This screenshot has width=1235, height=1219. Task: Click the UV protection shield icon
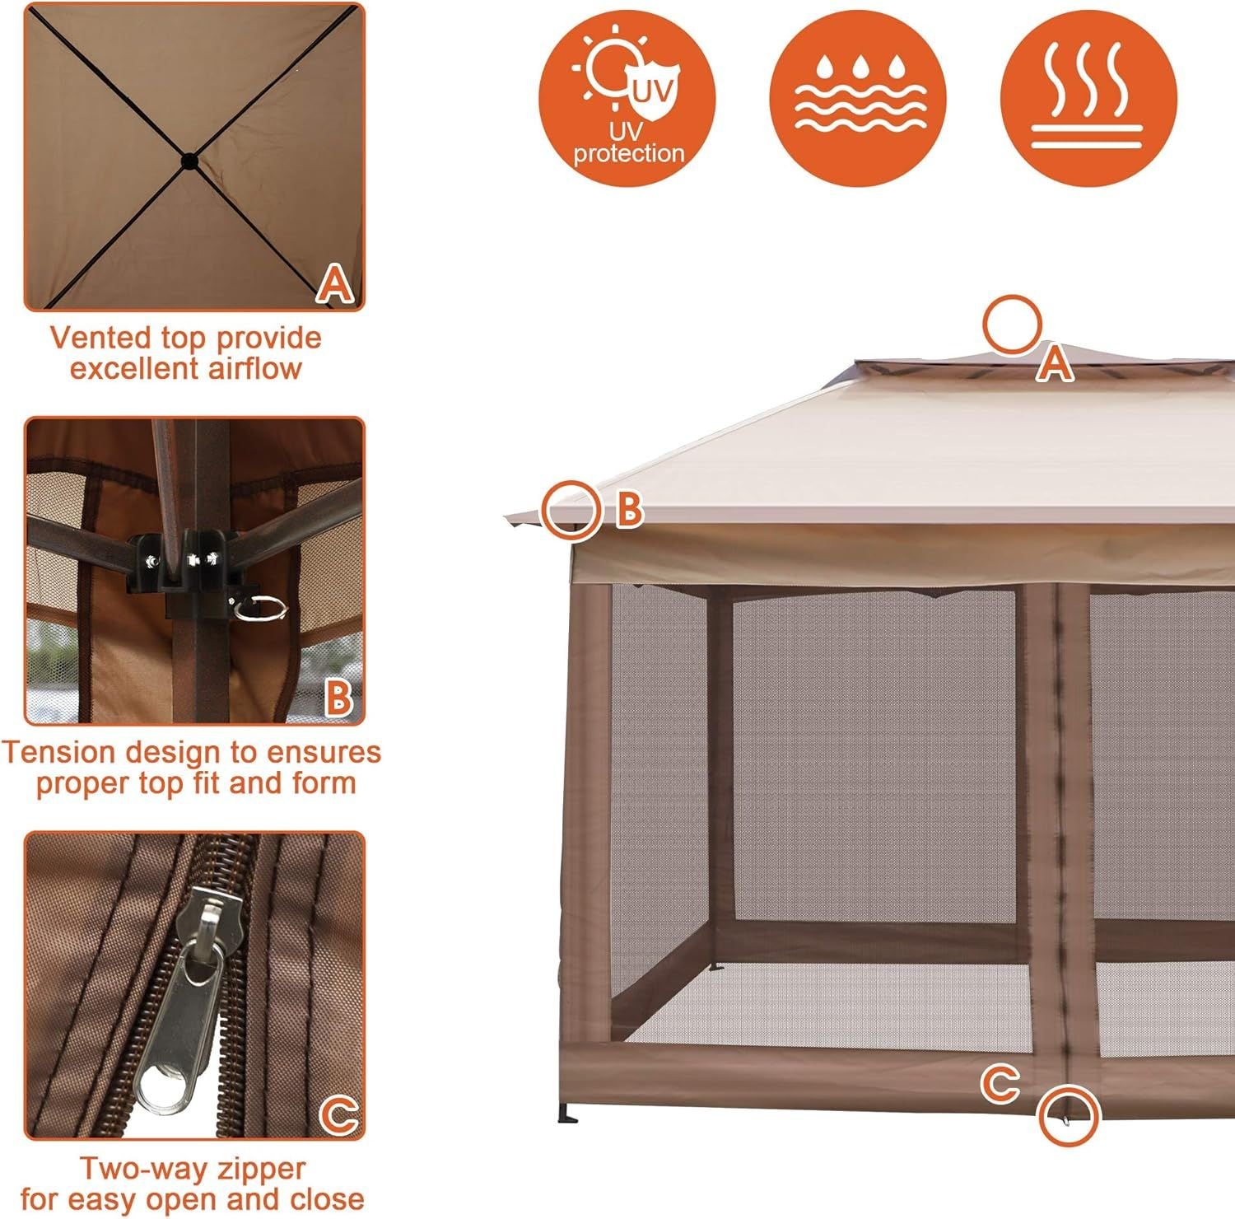click(627, 99)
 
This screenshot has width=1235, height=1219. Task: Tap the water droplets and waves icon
click(857, 99)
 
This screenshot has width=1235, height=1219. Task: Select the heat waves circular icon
click(1088, 99)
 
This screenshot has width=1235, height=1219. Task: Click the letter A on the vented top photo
click(336, 284)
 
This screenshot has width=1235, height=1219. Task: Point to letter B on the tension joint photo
click(338, 698)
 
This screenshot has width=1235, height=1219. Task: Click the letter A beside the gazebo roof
click(1055, 363)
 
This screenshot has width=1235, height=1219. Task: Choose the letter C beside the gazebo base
click(1000, 1083)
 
